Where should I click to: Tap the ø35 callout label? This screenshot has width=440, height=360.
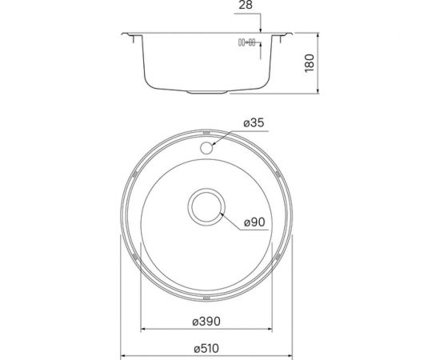pyautogui.click(x=253, y=123)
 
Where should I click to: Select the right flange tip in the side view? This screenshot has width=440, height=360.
pyautogui.click(x=290, y=34)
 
